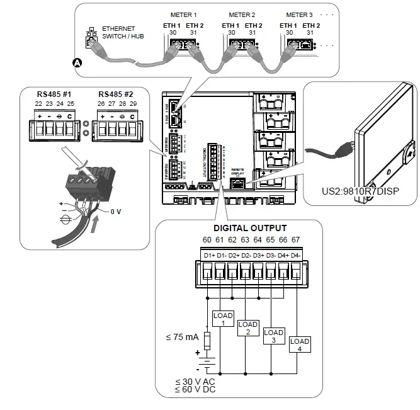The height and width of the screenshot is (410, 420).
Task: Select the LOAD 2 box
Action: point(248,327)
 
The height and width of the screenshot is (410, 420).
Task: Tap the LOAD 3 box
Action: point(273,336)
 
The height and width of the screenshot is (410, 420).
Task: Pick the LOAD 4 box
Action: point(299,345)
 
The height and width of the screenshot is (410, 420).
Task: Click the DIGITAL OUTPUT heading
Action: point(250,228)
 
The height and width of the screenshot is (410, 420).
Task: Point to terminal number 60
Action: point(207,240)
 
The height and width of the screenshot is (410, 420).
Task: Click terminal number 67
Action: point(295,240)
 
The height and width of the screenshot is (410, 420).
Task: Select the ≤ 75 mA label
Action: point(181,338)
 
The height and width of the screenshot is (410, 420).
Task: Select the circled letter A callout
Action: point(77,62)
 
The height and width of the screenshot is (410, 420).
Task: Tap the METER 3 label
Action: point(299,14)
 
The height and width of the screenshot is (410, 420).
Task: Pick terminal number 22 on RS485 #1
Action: point(38,103)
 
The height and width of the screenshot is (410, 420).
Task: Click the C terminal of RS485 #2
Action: point(132,117)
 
